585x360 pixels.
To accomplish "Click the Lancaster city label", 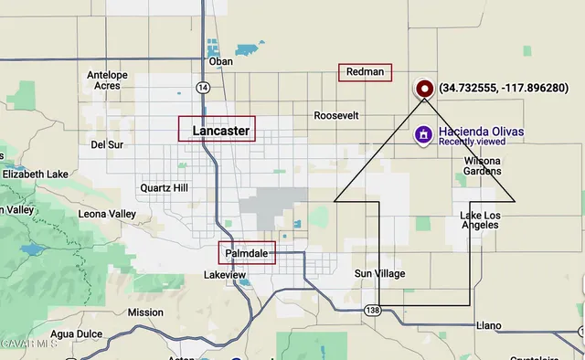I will click(220, 131).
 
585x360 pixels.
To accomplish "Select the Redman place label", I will click(365, 72).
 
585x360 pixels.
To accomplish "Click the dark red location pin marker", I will click(424, 89).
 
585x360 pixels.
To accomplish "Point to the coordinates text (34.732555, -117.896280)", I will click(503, 89).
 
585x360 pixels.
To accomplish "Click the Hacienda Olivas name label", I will click(481, 131).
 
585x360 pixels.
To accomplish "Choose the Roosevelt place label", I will click(336, 116).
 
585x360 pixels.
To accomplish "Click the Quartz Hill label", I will click(163, 188).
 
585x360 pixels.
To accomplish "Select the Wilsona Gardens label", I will click(482, 165).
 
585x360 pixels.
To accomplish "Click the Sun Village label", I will click(379, 274).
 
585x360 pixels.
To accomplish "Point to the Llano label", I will click(490, 325).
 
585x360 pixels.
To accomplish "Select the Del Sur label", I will click(107, 144).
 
